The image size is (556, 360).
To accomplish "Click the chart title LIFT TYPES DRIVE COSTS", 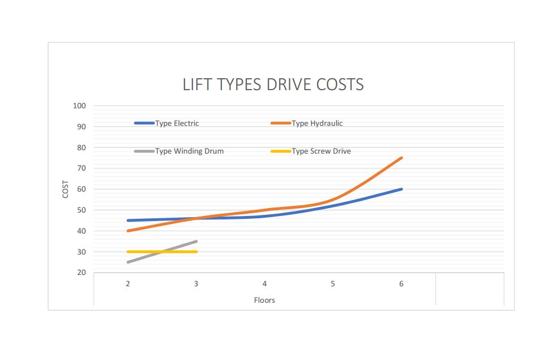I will pyautogui.click(x=273, y=85).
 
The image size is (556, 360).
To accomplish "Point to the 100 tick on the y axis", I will pyautogui.click(x=79, y=105).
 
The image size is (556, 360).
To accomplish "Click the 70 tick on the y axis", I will pyautogui.click(x=81, y=168).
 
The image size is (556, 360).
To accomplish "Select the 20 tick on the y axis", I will pyautogui.click(x=81, y=273).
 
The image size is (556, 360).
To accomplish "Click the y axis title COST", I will pyautogui.click(x=66, y=189).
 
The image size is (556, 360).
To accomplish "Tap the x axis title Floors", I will pyautogui.click(x=264, y=300).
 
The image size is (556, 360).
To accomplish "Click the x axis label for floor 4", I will pyautogui.click(x=264, y=283).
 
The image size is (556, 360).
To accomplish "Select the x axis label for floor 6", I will pyautogui.click(x=401, y=283).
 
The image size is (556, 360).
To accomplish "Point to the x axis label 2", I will pyautogui.click(x=128, y=283).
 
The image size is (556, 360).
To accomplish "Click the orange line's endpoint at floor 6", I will pyautogui.click(x=402, y=158).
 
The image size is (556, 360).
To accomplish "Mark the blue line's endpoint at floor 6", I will pyautogui.click(x=402, y=189).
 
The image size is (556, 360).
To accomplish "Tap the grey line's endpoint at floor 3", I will pyautogui.click(x=196, y=241).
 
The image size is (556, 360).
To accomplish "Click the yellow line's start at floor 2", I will pyautogui.click(x=128, y=252).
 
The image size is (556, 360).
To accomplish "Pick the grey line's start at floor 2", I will pyautogui.click(x=128, y=262).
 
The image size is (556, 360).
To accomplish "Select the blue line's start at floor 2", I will pyautogui.click(x=128, y=221).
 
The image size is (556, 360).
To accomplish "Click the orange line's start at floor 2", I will pyautogui.click(x=128, y=231).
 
